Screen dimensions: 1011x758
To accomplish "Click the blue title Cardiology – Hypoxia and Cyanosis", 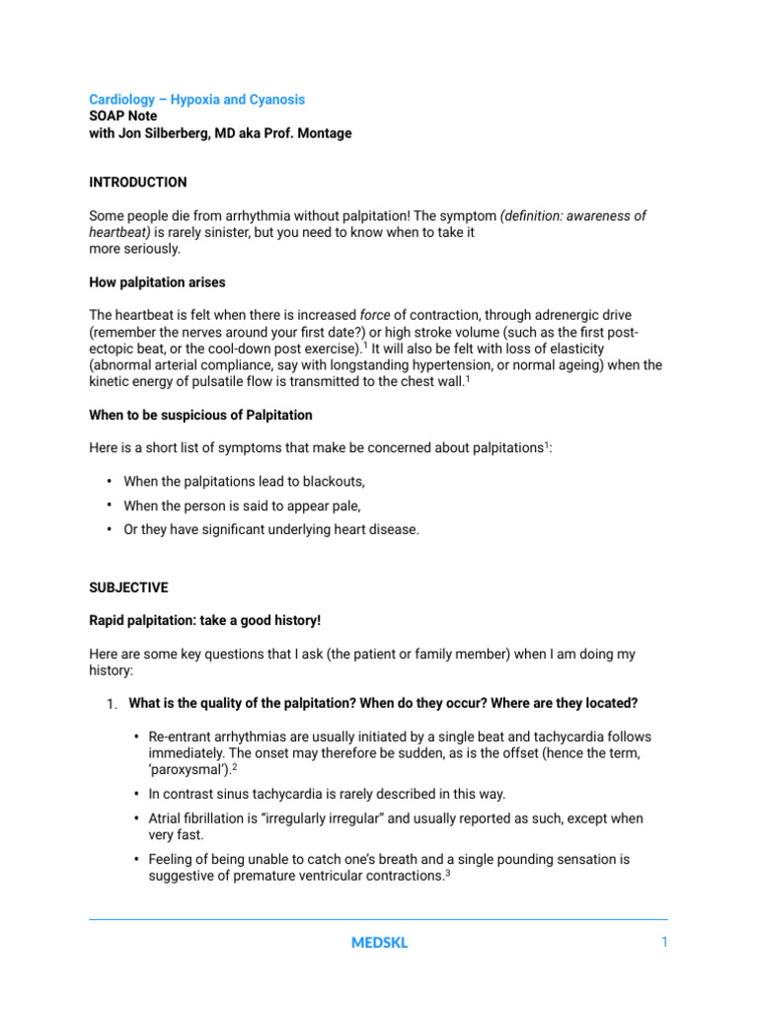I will point(196,100).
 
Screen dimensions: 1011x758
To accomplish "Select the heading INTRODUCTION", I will point(137,183).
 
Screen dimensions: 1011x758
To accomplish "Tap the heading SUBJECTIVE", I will point(128,587).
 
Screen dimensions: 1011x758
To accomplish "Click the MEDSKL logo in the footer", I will point(379,943).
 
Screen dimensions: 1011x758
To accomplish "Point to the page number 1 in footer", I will point(664,943).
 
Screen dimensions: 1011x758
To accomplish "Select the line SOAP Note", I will point(122,117).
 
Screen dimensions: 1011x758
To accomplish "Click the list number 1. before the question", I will point(113,704).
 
